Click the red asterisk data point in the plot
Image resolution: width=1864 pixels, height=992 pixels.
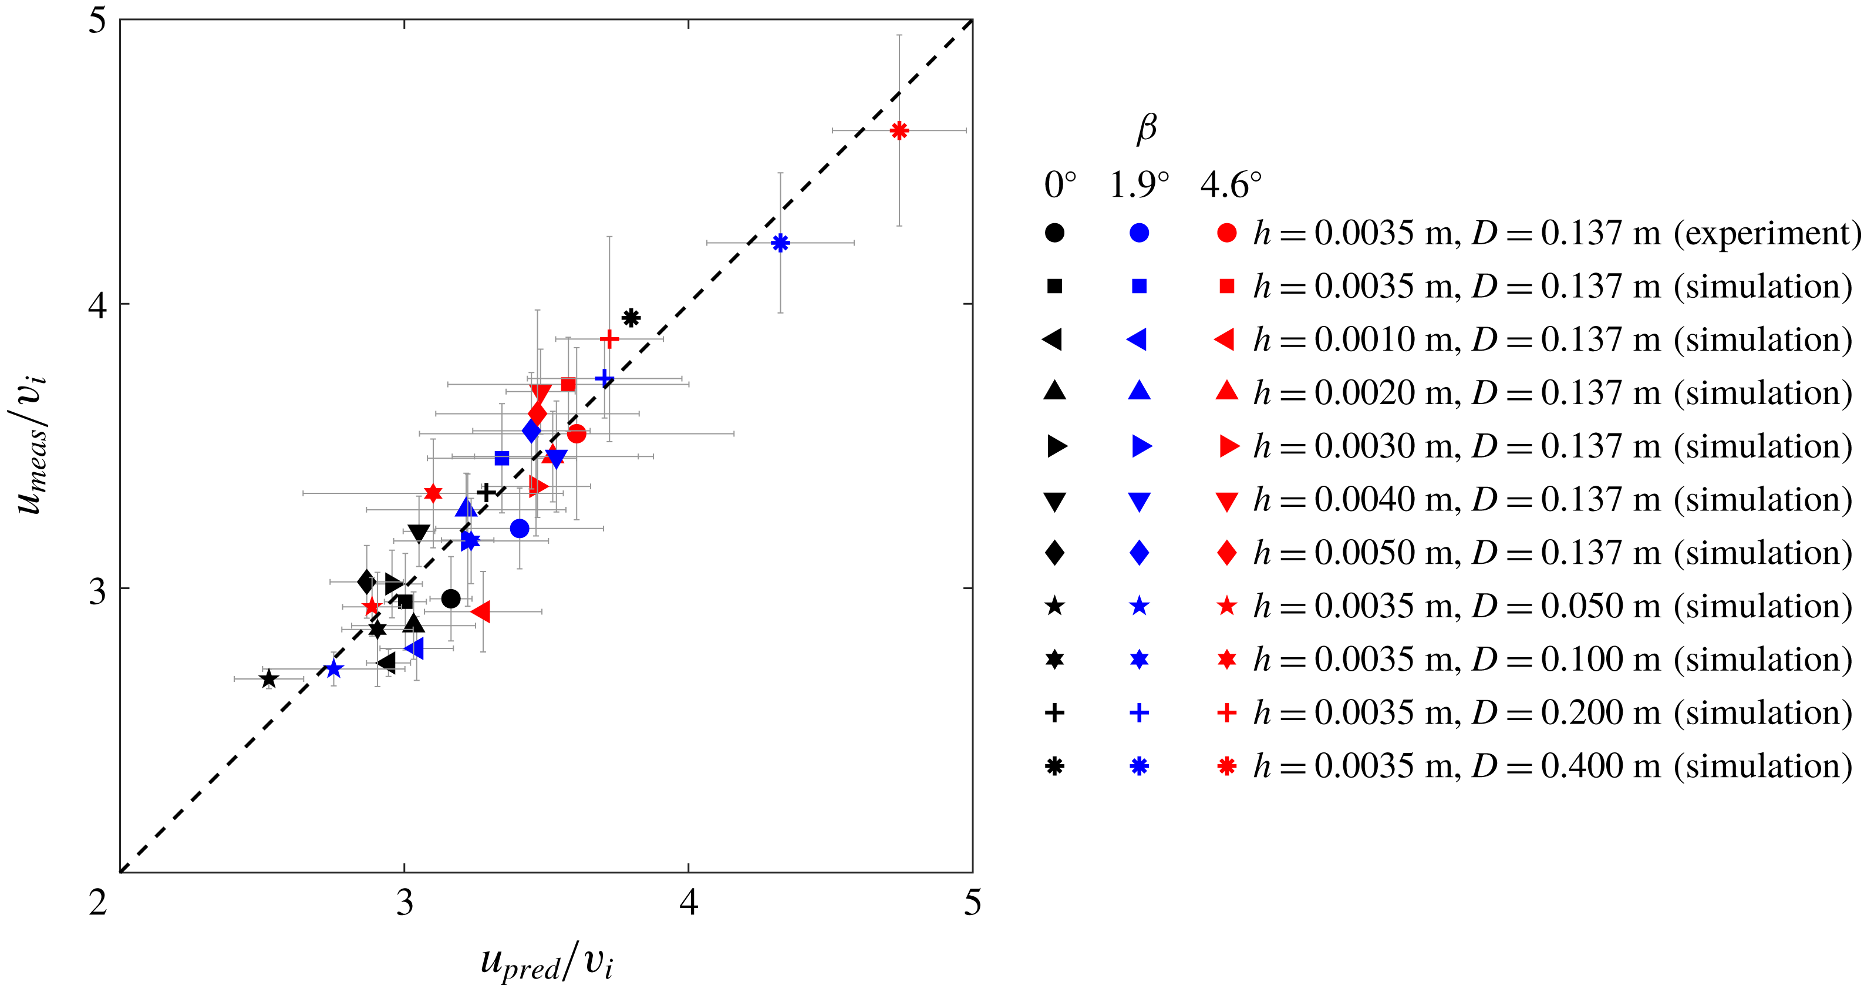899,131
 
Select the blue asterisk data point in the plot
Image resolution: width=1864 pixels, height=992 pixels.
780,243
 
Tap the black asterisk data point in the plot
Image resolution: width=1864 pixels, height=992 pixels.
631,318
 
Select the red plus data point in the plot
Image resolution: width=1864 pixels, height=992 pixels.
609,339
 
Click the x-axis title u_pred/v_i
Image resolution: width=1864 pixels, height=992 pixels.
547,963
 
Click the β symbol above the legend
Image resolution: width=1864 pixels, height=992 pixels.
1146,129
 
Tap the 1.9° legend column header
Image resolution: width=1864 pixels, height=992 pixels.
1139,186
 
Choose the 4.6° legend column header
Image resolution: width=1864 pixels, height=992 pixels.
1231,186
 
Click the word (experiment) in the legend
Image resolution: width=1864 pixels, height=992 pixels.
1767,233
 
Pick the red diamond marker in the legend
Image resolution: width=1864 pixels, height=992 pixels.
1226,553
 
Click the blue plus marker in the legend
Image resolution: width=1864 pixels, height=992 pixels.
1139,713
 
